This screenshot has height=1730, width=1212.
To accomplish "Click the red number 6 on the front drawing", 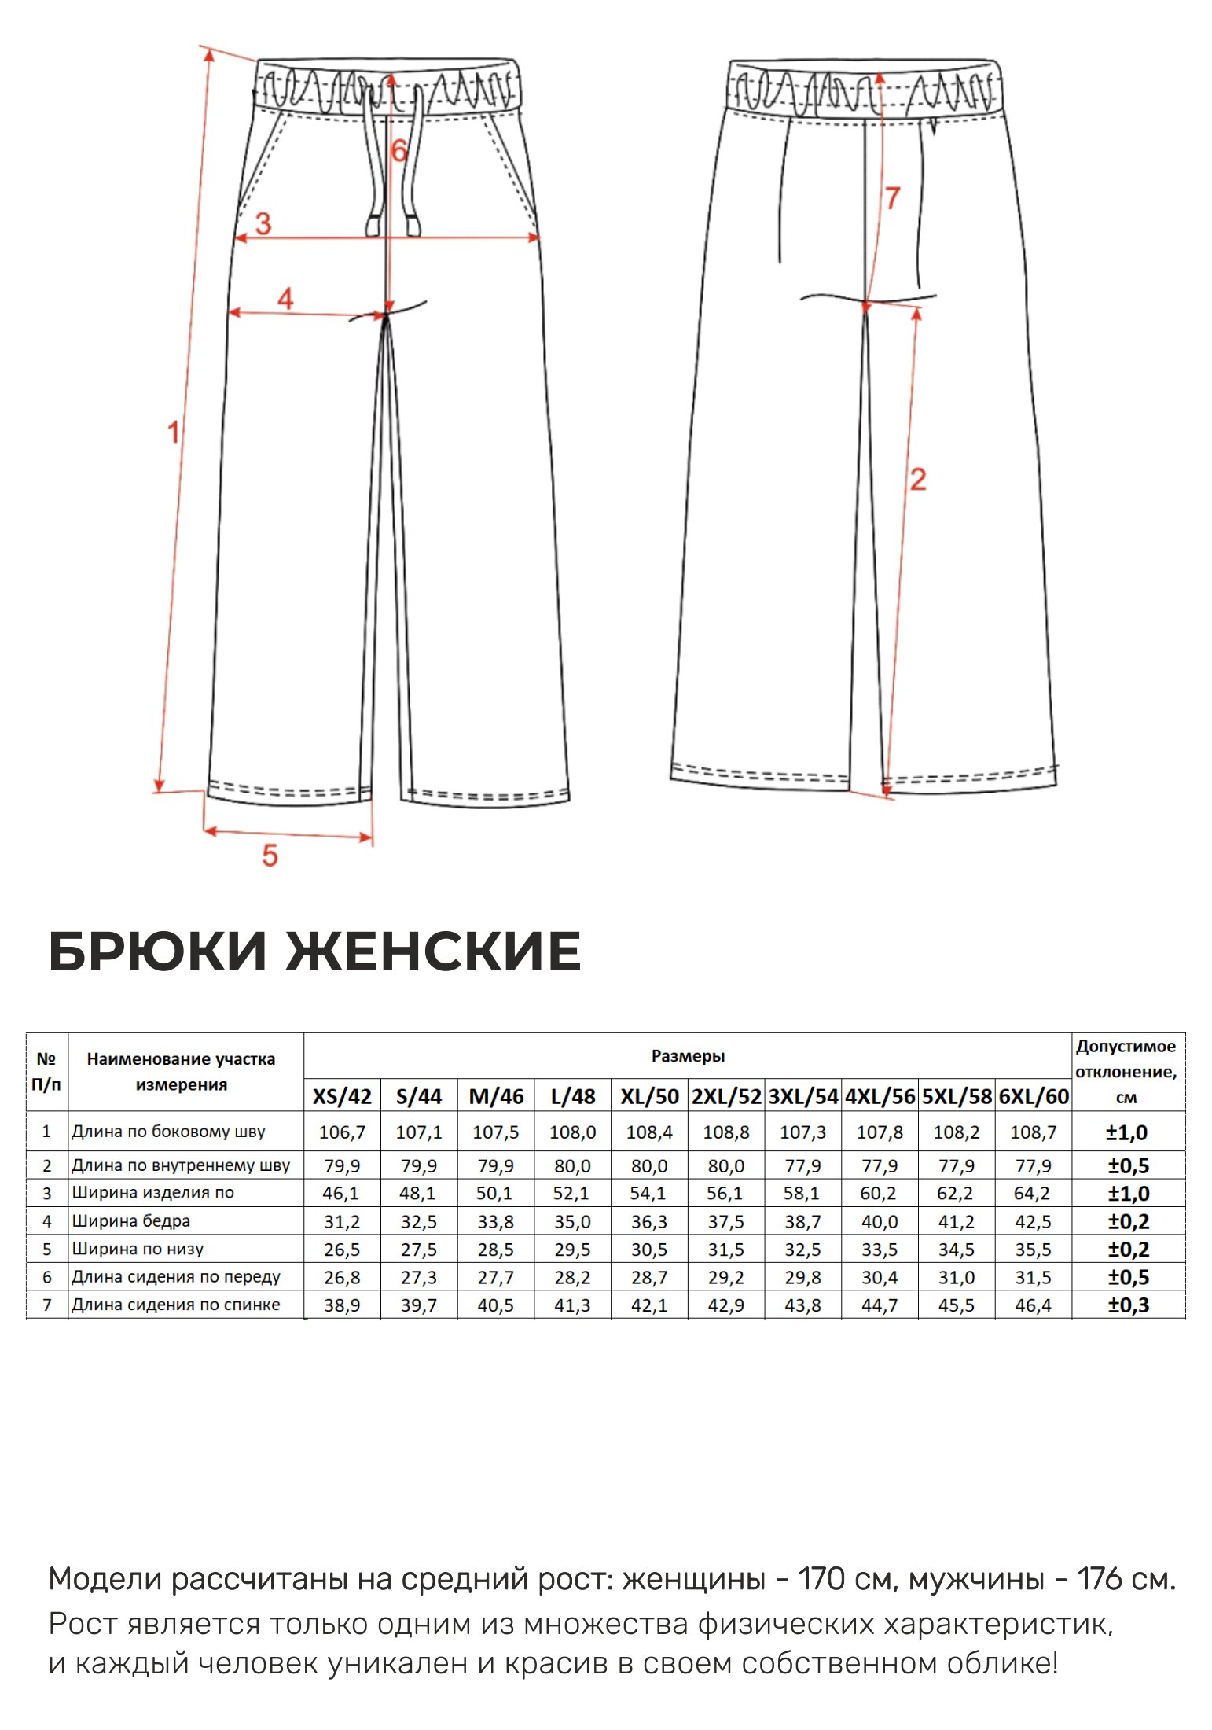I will (x=399, y=150).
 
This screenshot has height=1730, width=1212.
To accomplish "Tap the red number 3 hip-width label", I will (x=263, y=223).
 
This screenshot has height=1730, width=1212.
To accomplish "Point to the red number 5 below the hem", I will (x=270, y=855).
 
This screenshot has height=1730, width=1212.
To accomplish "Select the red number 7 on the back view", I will (x=892, y=197).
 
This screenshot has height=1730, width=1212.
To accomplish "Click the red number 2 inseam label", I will (x=918, y=479).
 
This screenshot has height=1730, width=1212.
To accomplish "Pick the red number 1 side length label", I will (x=174, y=432).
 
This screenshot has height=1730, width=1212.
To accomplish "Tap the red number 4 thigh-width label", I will (x=285, y=299).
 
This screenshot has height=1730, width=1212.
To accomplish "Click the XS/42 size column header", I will (x=342, y=1096).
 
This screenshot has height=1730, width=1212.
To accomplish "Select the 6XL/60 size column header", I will (x=1034, y=1096).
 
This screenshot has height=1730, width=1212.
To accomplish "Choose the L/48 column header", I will (x=573, y=1096).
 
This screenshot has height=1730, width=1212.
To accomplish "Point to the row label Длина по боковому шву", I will (x=169, y=1132).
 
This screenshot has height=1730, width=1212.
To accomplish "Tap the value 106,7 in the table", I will (x=342, y=1132).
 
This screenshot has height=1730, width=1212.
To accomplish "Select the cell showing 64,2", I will (x=1032, y=1194).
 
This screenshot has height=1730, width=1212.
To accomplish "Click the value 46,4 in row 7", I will (x=1032, y=1305).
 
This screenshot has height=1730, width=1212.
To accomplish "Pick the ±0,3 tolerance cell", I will (x=1128, y=1305).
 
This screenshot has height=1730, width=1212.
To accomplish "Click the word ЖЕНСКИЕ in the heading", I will (x=433, y=951).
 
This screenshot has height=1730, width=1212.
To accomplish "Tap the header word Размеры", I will (x=688, y=1056).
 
